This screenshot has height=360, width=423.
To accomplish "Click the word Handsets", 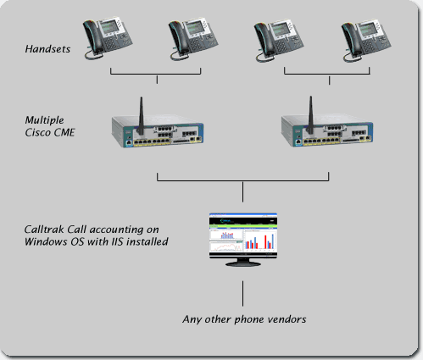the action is tap(47, 49).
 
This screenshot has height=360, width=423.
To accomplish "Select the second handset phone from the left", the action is tap(193, 39).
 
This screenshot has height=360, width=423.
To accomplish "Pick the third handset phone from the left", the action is tap(279, 41).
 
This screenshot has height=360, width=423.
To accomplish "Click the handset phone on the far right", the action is tap(366, 41).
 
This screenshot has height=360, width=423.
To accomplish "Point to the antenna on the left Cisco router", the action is tap(141, 116).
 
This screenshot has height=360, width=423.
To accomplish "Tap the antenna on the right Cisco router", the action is tap(310, 115).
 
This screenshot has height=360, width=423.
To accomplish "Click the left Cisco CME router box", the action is tap(158, 130).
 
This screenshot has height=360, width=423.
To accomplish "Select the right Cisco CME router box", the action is tap(327, 130).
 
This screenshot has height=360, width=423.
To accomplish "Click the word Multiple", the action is tap(44, 120).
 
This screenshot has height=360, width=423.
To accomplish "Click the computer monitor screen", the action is tap(243, 235).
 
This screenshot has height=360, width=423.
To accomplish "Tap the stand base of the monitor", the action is tap(243, 264).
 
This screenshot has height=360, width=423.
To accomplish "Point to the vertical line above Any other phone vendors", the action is tap(242, 293).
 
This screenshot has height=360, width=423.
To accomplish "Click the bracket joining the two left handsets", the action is tap(155, 74).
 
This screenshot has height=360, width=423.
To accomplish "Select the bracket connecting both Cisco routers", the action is tap(242, 180).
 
